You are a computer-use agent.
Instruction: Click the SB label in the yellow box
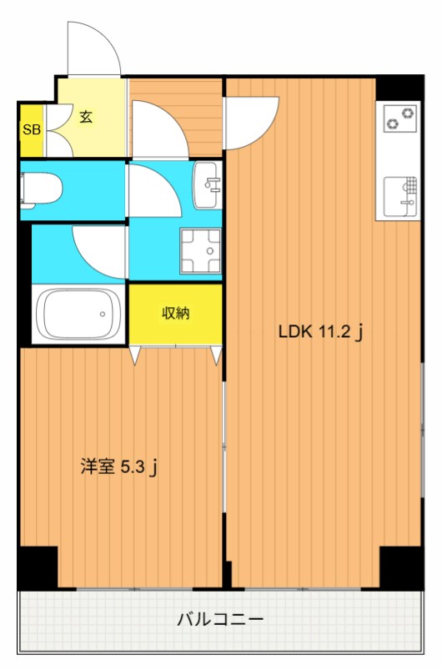tap(31, 129)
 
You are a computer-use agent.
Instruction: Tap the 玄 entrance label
tap(86, 116)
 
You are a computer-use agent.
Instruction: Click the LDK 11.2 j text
tap(320, 332)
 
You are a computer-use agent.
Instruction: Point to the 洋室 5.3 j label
tap(118, 467)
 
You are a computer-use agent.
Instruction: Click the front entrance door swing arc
tap(93, 46)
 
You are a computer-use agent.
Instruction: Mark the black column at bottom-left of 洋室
tap(38, 567)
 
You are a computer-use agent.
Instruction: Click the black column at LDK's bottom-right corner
tap(400, 567)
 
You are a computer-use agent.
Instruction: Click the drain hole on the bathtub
tap(104, 315)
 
